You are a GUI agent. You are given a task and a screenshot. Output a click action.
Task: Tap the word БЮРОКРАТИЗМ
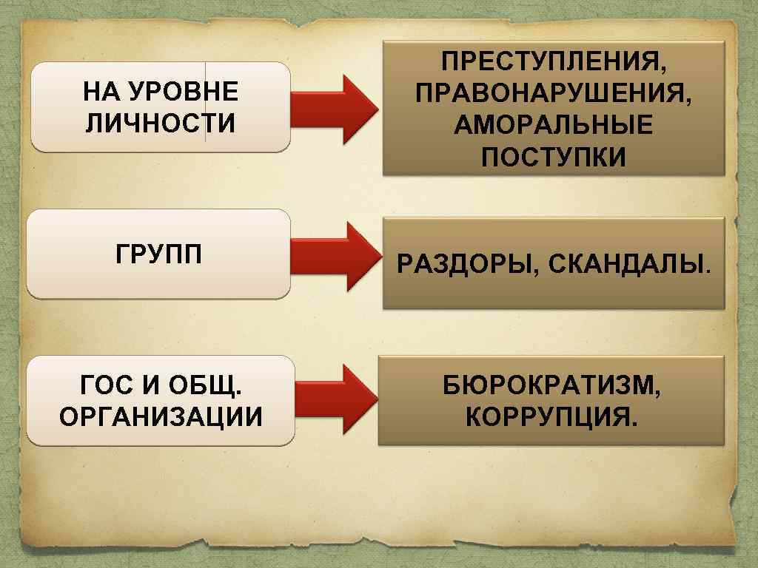pos(551,386)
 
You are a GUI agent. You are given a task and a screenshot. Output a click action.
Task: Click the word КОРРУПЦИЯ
pos(551,419)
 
